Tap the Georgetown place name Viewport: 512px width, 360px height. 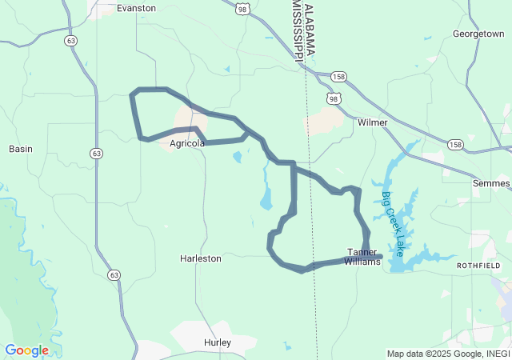click(x=478, y=34)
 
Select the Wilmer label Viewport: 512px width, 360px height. click(x=372, y=122)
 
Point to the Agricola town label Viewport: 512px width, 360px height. click(x=187, y=143)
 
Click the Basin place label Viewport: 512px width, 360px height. click(x=20, y=149)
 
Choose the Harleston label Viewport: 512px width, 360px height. click(x=200, y=258)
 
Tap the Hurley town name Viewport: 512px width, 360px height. click(x=217, y=342)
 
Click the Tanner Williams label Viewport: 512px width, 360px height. click(x=362, y=257)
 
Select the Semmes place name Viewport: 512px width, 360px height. click(x=491, y=183)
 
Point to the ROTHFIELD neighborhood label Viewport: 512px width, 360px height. click(x=478, y=265)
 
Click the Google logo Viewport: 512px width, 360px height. click(x=26, y=350)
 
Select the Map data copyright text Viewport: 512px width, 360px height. click(x=448, y=354)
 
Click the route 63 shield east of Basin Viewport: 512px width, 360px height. click(x=97, y=153)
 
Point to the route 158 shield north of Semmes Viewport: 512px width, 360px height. click(x=455, y=145)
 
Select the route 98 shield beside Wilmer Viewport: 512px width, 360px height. click(x=334, y=98)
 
